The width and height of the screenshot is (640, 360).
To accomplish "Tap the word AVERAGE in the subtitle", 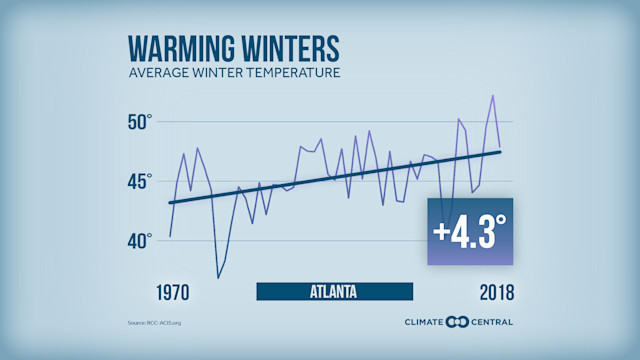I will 159,74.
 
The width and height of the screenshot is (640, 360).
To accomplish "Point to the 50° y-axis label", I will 138,121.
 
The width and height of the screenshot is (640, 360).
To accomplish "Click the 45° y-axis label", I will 138,181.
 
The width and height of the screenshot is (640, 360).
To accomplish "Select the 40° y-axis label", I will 138,240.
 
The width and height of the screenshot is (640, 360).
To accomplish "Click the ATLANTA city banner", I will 334,292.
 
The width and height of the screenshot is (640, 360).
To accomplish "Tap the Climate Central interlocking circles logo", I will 457,321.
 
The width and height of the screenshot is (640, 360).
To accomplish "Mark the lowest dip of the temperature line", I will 218,277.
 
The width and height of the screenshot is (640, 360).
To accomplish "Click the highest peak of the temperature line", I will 493,96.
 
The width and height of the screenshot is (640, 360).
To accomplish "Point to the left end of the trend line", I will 170,203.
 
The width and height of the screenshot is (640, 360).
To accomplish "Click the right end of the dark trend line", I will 500,151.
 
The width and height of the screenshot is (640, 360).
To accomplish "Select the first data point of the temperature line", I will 170,236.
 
